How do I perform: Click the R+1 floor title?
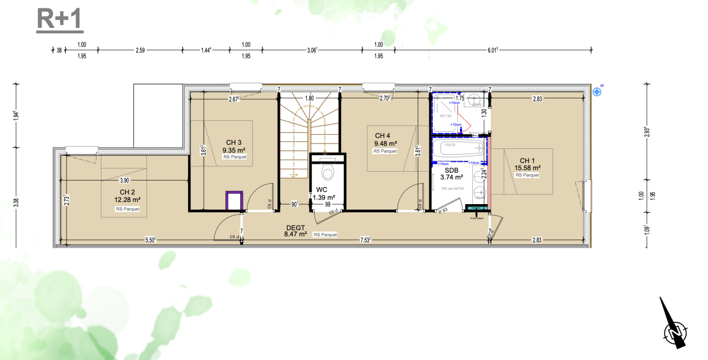tap(60, 19)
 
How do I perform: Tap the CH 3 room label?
tap(234, 143)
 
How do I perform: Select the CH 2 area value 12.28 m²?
tap(127, 200)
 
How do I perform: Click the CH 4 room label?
tap(382, 136)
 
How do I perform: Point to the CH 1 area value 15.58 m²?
tap(527, 168)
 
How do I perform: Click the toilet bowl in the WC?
tap(327, 172)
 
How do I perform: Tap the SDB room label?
tap(451, 170)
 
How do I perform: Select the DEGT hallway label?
tap(295, 228)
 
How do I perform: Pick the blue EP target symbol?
tap(597, 92)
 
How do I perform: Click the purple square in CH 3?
tap(234, 201)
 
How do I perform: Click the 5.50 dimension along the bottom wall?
tap(150, 240)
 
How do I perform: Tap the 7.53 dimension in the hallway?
tap(366, 240)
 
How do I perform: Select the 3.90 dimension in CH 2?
tap(124, 180)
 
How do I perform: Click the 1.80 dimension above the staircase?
tap(309, 98)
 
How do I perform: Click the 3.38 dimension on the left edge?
tap(16, 202)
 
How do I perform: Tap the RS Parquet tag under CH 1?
tap(527, 175)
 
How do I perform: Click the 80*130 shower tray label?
tap(446, 116)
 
